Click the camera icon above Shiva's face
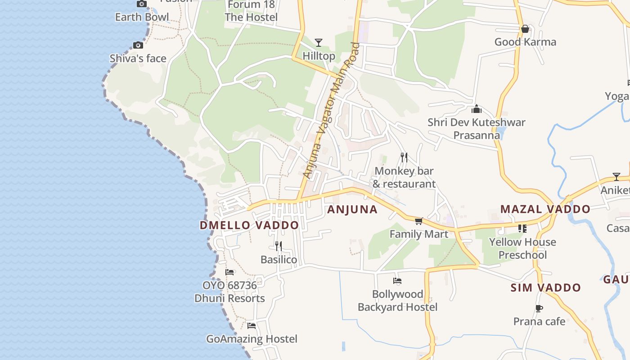tap(138, 45)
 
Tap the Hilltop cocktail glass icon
tap(319, 43)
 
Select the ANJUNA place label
tap(352, 210)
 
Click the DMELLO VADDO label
tap(249, 225)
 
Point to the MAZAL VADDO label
tap(545, 209)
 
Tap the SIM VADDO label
tap(546, 288)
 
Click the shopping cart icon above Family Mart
tap(419, 221)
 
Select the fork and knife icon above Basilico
tap(279, 246)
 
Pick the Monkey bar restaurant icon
tap(404, 157)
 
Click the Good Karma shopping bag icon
tap(525, 29)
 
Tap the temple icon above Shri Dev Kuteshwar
tap(477, 109)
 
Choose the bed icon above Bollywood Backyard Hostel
tap(397, 281)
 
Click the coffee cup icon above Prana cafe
tap(539, 308)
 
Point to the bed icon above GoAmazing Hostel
tap(252, 325)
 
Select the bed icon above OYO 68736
tap(229, 272)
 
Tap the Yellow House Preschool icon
tap(522, 229)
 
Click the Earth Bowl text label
tap(142, 18)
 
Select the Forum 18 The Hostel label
tap(251, 11)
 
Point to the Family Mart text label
tap(419, 234)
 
